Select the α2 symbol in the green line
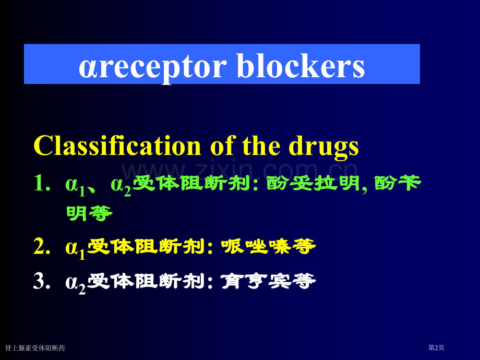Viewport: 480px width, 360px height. tap(121, 185)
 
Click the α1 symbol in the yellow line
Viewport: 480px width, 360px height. tap(75, 248)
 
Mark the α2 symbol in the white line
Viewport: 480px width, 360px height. tap(75, 283)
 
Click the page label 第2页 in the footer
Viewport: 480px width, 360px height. tap(436, 347)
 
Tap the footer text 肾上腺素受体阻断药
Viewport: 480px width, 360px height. tap(35, 347)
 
